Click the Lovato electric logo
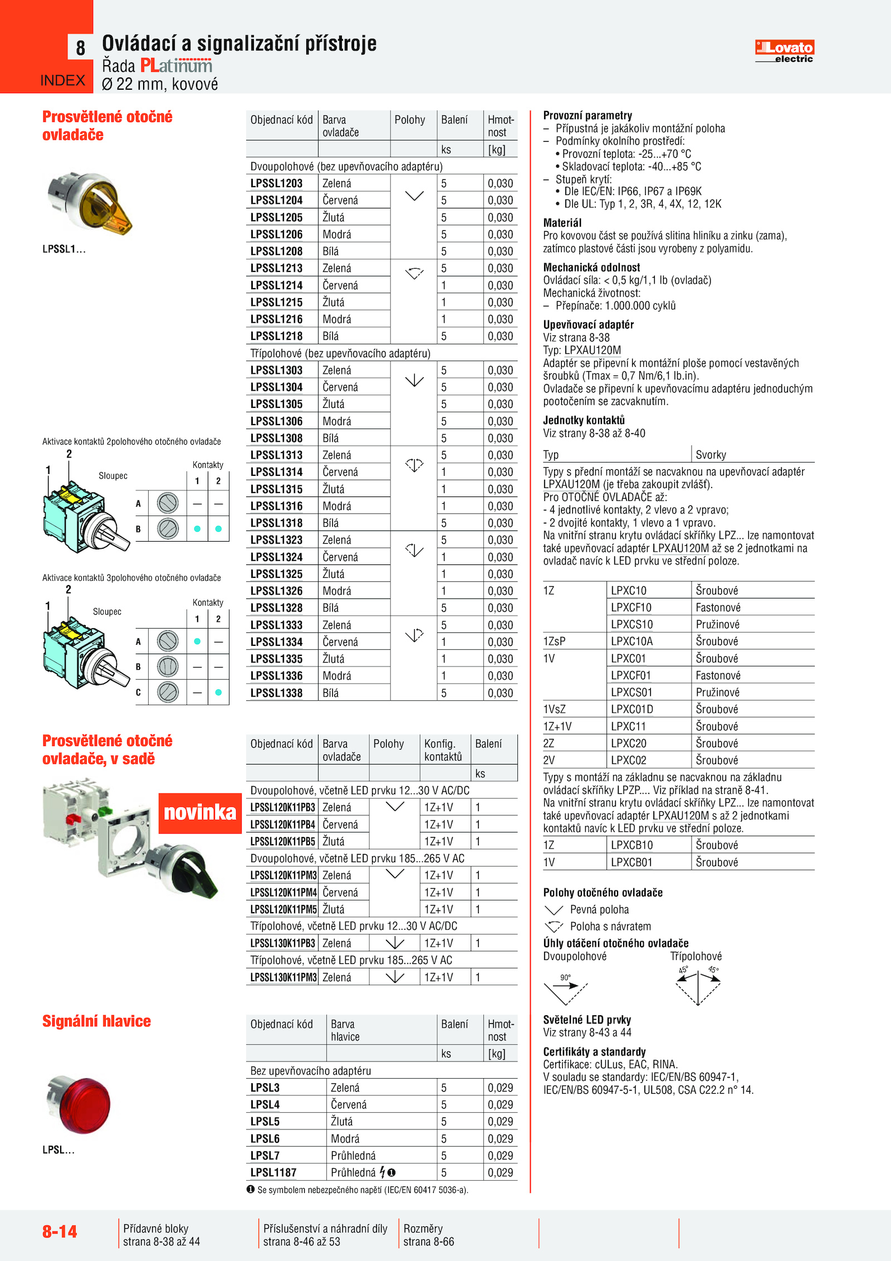click(784, 51)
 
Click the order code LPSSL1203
click(276, 183)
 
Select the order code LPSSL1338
click(276, 693)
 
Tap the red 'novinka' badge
click(200, 812)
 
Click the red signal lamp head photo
click(80, 1104)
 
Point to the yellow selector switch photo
click(90, 202)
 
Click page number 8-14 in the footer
click(60, 1231)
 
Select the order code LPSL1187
click(273, 1172)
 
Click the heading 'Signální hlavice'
click(96, 1021)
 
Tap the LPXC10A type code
click(631, 641)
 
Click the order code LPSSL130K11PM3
click(283, 977)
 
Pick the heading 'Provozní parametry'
click(588, 115)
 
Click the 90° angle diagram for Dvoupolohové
click(565, 989)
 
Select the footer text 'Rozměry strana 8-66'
click(428, 1235)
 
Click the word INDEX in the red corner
click(62, 81)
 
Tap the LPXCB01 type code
click(631, 863)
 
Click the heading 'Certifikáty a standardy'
click(594, 1052)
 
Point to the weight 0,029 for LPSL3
click(500, 1088)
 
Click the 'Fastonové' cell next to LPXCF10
click(718, 607)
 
